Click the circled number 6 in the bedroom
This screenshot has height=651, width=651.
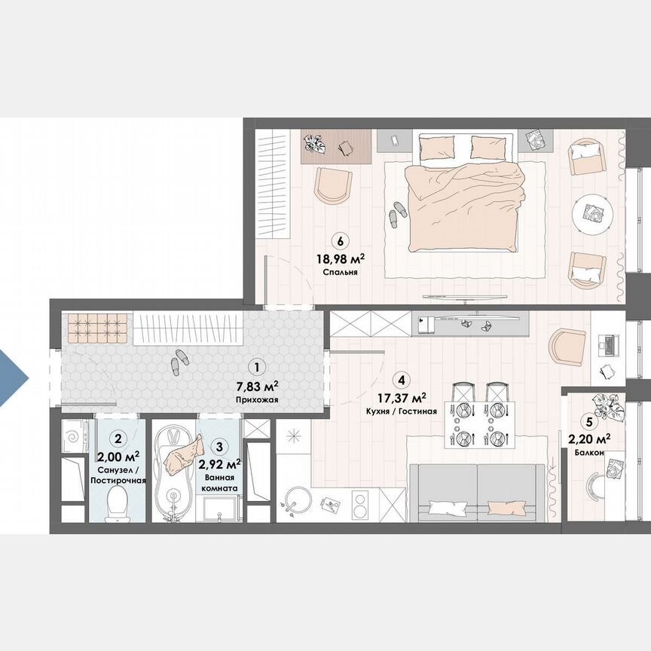[x=341, y=242]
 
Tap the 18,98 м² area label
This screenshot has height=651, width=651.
[x=340, y=259]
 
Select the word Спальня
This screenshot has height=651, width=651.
[x=339, y=273]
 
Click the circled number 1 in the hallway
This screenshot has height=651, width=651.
[x=258, y=368]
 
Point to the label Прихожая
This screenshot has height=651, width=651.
[x=257, y=401]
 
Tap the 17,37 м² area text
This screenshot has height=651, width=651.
[x=402, y=397]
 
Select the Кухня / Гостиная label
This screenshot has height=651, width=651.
[x=402, y=411]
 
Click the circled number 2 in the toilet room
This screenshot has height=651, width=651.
[x=118, y=437]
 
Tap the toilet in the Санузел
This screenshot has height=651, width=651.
[x=117, y=501]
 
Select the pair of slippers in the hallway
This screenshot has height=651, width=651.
[x=179, y=361]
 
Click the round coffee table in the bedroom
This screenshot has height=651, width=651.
[x=594, y=214]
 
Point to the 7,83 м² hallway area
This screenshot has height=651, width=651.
[x=257, y=386]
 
